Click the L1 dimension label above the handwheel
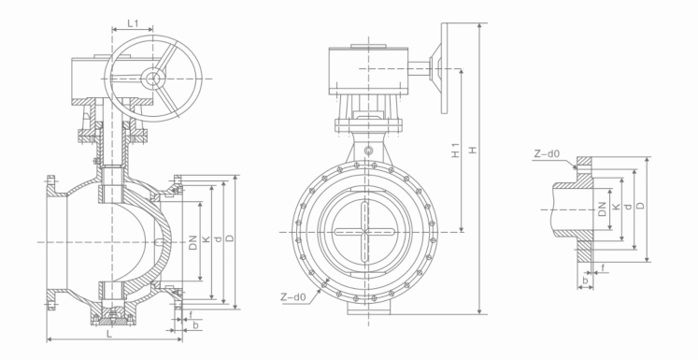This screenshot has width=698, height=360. pos(133,23)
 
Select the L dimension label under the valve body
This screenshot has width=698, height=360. pos(109,334)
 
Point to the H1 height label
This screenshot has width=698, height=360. pos(455,151)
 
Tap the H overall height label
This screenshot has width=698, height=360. pos(473,150)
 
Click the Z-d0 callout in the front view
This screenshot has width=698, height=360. pos(293,296)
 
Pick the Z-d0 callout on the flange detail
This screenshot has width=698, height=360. pos(547,154)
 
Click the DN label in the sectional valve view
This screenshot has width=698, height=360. pos(192,242)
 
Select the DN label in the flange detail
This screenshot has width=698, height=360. pos(602,209)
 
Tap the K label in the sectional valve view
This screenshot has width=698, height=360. pos(206,239)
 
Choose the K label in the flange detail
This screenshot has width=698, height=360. pos(616,207)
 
